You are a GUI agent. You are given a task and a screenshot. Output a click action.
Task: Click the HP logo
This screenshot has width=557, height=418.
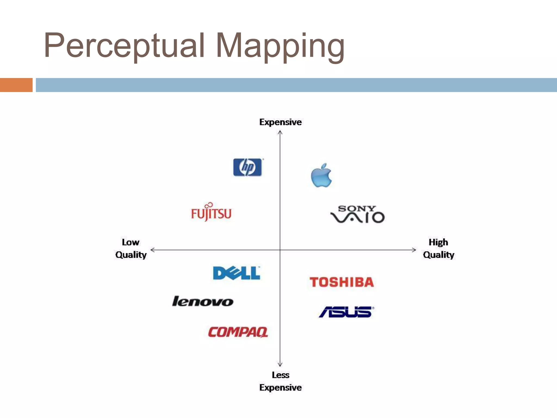click(x=247, y=167)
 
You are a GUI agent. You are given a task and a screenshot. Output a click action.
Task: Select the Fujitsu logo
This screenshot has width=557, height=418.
click(x=211, y=212)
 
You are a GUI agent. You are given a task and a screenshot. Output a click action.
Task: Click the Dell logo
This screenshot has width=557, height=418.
click(x=237, y=273)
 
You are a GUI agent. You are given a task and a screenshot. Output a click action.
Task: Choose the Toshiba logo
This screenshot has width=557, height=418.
click(x=342, y=282)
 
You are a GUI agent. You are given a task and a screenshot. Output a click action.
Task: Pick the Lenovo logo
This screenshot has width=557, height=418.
click(x=203, y=302)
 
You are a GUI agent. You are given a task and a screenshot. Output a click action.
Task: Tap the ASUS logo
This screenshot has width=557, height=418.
click(x=346, y=312)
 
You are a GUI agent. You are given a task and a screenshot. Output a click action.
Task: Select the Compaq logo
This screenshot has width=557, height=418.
click(x=238, y=332)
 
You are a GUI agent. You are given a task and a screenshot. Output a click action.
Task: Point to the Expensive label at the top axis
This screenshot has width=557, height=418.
click(x=280, y=122)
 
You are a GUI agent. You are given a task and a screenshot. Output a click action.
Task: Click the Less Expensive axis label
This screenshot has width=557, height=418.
click(x=280, y=381)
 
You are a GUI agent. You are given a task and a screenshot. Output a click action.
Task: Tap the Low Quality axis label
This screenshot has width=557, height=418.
click(x=131, y=248)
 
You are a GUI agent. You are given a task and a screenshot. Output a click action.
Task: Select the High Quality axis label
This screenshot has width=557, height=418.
click(x=438, y=248)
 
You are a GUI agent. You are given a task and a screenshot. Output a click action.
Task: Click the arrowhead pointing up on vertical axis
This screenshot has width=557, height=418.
click(x=280, y=132)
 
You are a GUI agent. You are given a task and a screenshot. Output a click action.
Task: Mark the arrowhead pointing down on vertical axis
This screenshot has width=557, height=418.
click(x=280, y=365)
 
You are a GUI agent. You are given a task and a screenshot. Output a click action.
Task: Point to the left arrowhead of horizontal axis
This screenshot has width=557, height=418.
click(x=152, y=250)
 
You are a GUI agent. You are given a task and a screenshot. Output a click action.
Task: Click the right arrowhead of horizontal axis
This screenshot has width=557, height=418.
click(x=414, y=250)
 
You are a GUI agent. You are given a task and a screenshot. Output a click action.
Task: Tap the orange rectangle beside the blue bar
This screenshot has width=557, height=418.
click(x=16, y=85)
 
